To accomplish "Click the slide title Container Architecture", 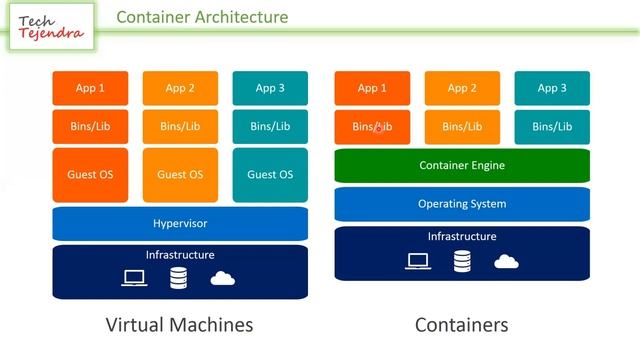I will coord(202,17).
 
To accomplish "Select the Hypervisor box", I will coord(180,223).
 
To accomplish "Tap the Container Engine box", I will coord(462,166).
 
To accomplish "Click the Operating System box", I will coord(462,204).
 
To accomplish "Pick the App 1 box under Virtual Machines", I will coord(90,88).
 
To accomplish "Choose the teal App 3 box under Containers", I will coord(552,88).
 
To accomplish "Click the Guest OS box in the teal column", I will coord(270,175).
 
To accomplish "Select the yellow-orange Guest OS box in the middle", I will coord(180,175).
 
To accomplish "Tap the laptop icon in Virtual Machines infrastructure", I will coord(135,277).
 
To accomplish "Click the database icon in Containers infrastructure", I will coord(462,261).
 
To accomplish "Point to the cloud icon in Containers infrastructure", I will coord(507,261).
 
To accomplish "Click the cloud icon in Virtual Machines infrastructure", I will coord(223,277).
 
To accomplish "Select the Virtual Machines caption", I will coord(179,325).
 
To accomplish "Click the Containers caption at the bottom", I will coord(462,325).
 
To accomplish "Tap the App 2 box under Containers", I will coord(462,88).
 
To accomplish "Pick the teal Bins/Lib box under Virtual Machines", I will coord(270,127).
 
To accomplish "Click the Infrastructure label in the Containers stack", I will coord(462,237).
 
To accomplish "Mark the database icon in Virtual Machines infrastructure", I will coord(178,277).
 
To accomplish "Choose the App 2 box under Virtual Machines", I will coord(180,88).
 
